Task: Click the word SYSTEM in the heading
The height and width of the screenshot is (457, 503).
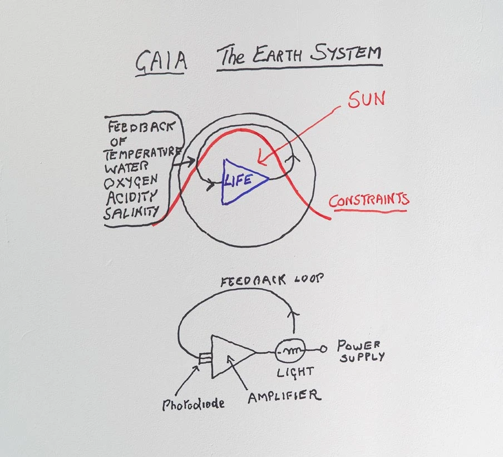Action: [346, 54]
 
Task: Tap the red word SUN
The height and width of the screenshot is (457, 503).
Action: [367, 101]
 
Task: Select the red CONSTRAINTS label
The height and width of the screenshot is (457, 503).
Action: [369, 200]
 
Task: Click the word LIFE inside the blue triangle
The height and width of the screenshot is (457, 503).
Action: [239, 179]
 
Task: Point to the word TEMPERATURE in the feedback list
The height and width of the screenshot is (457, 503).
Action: [146, 152]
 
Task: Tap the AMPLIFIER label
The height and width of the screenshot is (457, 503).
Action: [284, 396]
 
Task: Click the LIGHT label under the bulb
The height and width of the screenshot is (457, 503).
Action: [295, 371]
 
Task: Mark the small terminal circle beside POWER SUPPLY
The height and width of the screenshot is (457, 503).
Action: [322, 350]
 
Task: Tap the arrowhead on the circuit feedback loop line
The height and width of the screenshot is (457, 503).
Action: [294, 315]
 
